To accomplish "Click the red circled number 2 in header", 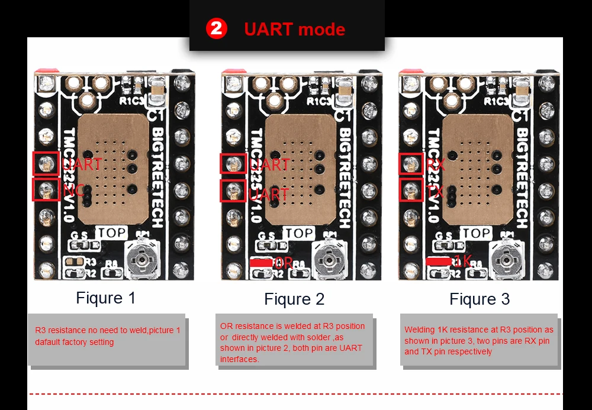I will point(216,28).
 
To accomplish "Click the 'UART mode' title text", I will point(294,29).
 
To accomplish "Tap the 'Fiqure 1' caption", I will point(106,298).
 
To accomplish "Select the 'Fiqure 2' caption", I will point(294,299).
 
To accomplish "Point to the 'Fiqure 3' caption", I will point(480,299).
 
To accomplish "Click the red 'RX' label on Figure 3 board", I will point(435,164).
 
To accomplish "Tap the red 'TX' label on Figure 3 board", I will point(435,192).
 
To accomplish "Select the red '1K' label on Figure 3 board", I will point(462,260).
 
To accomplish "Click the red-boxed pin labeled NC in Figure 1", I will point(45,190).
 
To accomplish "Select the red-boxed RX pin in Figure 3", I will point(410,164).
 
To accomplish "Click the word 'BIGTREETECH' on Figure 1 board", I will point(157,177).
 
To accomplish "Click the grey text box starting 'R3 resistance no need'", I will point(107,338).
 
